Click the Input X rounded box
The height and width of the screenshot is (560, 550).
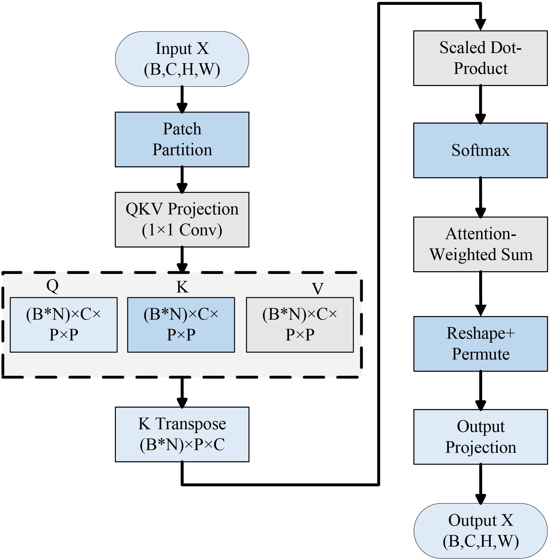point(182,59)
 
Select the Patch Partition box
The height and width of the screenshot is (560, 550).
point(182,139)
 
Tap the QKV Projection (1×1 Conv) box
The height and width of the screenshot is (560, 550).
point(182,220)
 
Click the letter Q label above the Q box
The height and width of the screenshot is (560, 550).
point(52,286)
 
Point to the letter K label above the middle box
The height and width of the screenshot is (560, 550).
point(182,287)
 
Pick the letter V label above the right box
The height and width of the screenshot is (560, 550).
point(318,288)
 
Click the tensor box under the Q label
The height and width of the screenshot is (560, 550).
point(63,325)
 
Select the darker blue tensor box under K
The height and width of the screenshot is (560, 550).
point(181,325)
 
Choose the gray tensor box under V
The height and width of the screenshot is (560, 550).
point(300,325)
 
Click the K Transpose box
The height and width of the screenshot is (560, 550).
point(182,434)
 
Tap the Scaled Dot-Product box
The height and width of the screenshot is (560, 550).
point(480,58)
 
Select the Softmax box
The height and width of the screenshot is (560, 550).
point(480,150)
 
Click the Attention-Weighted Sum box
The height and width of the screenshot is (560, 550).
point(480,244)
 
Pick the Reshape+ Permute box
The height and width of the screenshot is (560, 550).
point(480,344)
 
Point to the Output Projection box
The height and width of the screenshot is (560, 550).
point(480,437)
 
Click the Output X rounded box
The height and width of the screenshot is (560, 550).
point(480,531)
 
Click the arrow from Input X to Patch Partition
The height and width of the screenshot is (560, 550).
point(182,99)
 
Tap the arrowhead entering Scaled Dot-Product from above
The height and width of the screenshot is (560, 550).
point(480,24)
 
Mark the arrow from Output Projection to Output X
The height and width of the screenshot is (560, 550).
point(480,483)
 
